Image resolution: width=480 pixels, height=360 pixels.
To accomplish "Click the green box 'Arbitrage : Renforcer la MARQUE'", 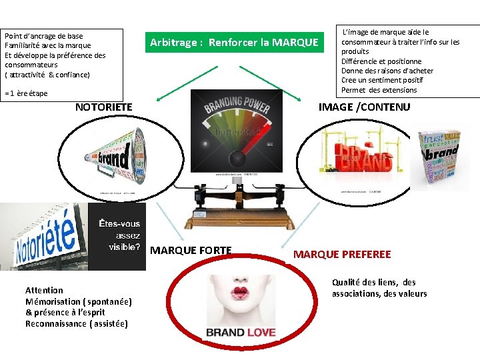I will pos(234,43).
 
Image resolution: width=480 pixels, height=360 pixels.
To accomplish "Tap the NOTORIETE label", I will pos(103,107).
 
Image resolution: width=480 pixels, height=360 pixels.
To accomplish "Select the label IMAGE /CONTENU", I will pos(364,107).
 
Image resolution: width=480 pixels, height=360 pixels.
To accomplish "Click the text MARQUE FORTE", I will pos(191,251).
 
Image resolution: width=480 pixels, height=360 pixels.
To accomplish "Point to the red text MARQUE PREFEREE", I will pos(342,254).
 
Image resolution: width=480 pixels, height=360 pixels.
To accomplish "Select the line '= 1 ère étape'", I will pos(26,93).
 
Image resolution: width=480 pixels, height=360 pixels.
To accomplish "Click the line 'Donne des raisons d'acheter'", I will pos(387,71).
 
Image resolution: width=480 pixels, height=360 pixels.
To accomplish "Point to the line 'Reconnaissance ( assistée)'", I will pos(77,324).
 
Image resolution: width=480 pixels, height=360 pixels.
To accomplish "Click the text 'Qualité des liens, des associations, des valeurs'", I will pos(379,288).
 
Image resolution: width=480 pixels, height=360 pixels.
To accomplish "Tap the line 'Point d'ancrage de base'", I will pos(43,36).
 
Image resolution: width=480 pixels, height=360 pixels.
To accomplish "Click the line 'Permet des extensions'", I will pos(379,90).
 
